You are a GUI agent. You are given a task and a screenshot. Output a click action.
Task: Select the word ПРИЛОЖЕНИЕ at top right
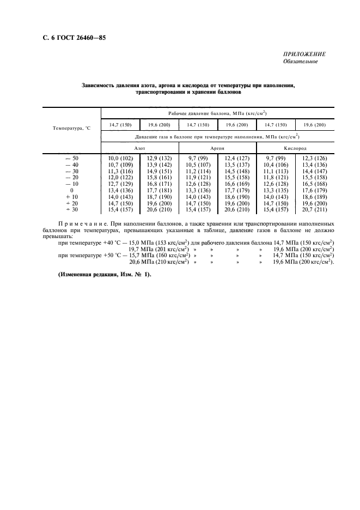[x=304, y=54]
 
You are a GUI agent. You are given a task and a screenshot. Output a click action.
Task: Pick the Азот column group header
[x=139, y=148]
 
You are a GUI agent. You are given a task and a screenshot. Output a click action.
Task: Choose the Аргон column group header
[x=217, y=148]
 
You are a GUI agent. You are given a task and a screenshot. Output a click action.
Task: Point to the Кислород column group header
[x=295, y=148]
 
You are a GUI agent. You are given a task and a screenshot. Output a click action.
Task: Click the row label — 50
[x=72, y=158]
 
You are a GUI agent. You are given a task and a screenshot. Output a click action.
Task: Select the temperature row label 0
[x=72, y=190]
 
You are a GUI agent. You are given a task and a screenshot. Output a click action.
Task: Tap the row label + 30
[x=72, y=210]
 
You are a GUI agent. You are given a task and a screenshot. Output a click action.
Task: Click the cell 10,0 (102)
[x=120, y=158]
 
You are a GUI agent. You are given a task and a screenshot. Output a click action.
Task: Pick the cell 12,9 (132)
[x=159, y=158]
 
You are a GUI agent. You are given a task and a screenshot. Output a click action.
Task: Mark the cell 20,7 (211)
[x=314, y=210]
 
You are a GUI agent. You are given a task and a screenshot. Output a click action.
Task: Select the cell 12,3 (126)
[x=314, y=158]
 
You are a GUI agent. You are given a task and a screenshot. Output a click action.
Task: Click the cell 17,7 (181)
[x=159, y=190]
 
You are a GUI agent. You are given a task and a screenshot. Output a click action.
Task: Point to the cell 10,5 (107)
[x=198, y=165]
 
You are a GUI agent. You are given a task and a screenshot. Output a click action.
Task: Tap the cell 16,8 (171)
[x=159, y=184]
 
